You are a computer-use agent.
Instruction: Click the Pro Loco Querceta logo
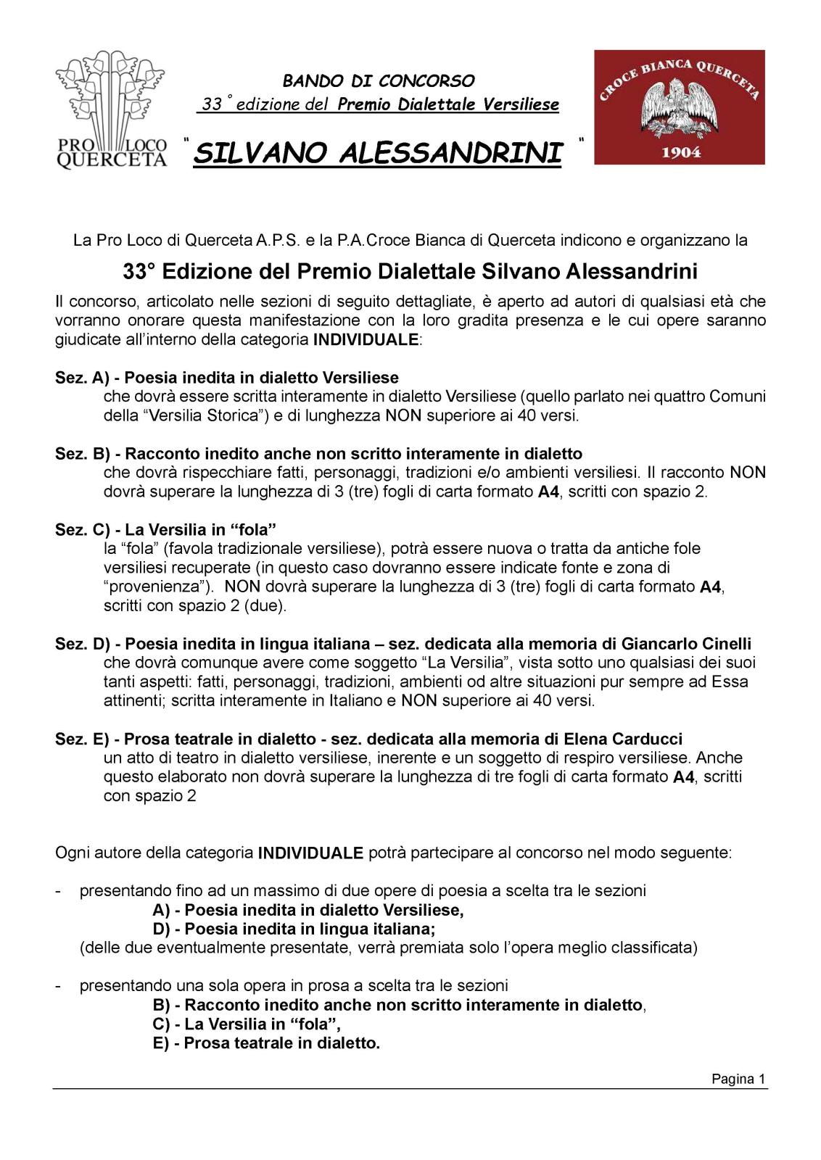[x=110, y=109]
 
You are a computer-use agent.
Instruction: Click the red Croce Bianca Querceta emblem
[x=679, y=107]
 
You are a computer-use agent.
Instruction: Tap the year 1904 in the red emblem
[x=680, y=152]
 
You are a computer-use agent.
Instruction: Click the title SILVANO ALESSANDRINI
[x=378, y=154]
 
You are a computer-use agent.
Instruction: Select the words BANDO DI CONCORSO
[x=379, y=80]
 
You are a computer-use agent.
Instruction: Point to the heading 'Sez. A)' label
[x=81, y=378]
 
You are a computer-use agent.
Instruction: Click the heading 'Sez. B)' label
[x=82, y=454]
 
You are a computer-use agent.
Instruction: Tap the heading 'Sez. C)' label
[x=82, y=529]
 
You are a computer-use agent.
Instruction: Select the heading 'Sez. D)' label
[x=82, y=644]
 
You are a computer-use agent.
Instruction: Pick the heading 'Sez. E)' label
[x=82, y=739]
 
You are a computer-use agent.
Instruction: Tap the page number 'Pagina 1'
[x=738, y=1079]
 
